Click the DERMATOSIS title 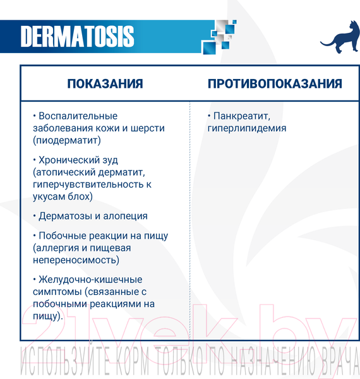pyautogui.click(x=77, y=37)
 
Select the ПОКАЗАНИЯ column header pyautogui.click(x=105, y=84)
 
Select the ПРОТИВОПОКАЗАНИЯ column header pyautogui.click(x=275, y=84)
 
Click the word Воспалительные pyautogui.click(x=78, y=116)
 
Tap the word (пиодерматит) pyautogui.click(x=67, y=140)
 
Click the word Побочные pyautogui.click(x=61, y=236)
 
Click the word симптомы pyautogui.click(x=58, y=291)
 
